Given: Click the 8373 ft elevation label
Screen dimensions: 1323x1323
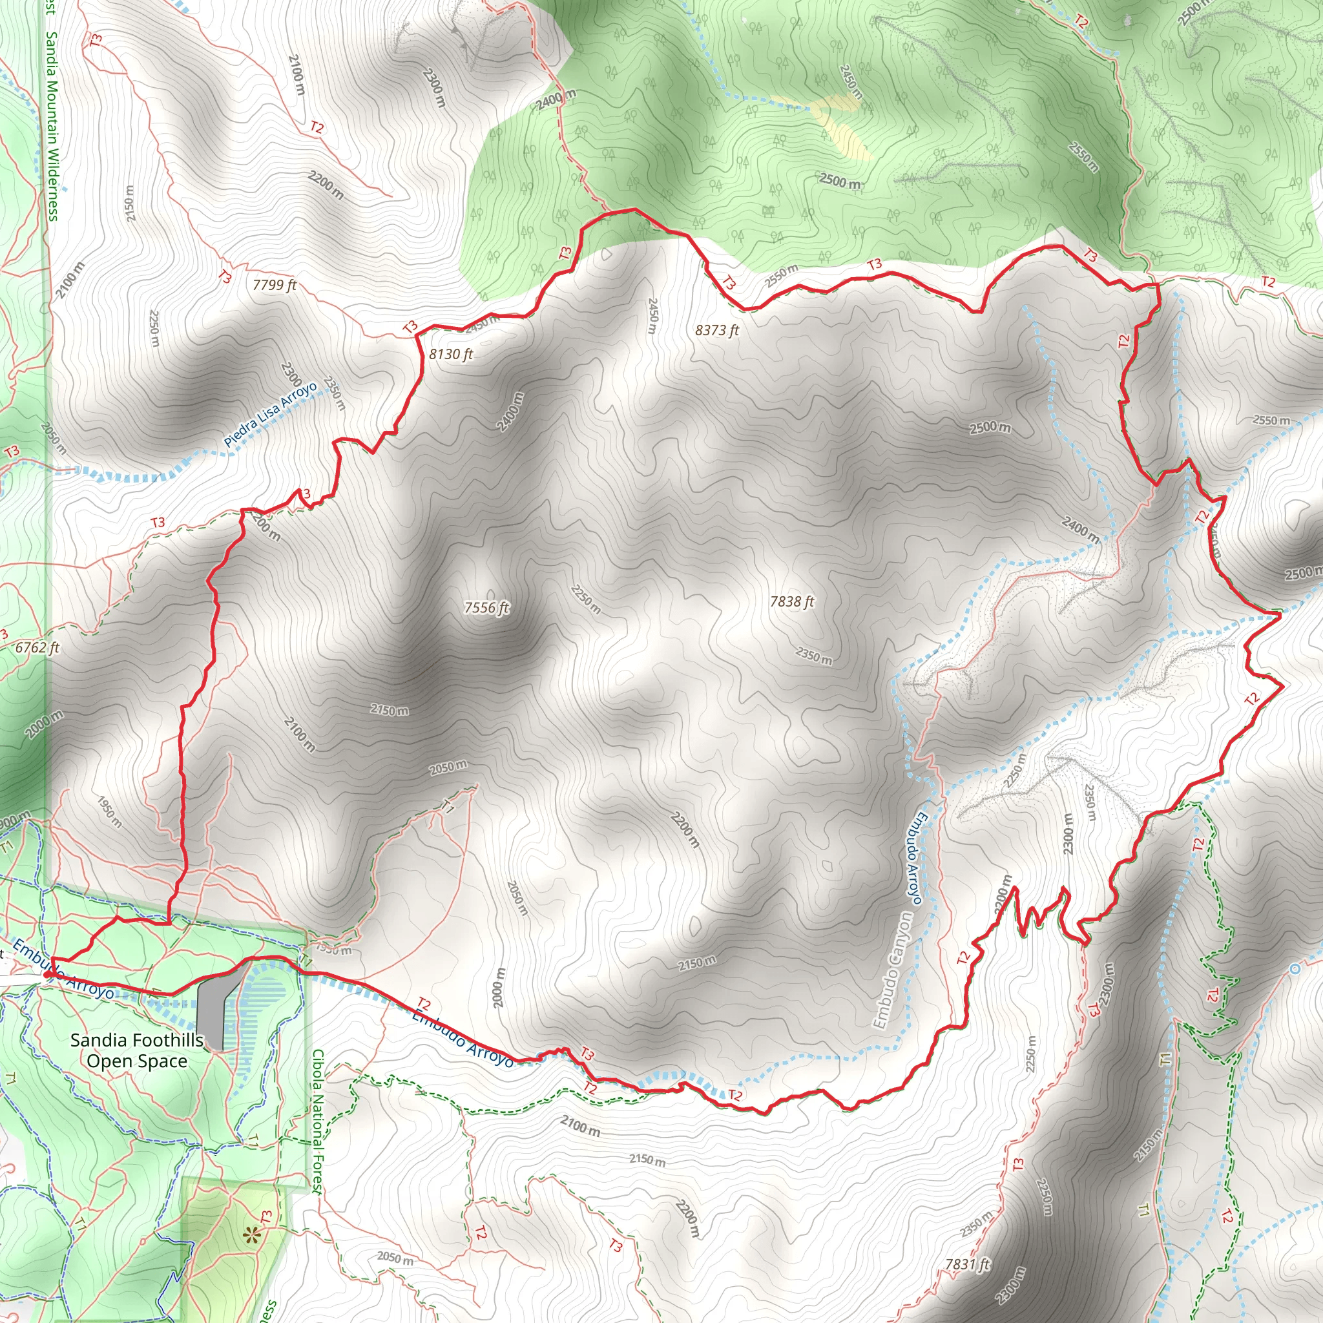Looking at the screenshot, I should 717,330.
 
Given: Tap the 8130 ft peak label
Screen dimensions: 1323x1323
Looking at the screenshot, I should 451,354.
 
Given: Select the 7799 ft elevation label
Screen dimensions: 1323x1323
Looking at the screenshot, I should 274,284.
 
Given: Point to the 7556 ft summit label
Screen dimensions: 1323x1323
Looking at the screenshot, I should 486,607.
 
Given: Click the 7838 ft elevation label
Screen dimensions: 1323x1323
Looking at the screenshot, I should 791,601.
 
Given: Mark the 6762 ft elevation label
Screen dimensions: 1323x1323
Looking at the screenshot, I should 37,647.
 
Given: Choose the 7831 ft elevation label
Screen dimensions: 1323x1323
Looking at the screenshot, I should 968,1264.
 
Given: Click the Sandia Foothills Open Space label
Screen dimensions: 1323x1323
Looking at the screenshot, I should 137,1050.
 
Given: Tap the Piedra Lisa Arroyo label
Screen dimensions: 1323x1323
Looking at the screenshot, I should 271,415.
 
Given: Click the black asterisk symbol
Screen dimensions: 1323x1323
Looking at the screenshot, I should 252,1234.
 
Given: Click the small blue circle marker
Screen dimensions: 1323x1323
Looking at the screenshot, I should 1293,969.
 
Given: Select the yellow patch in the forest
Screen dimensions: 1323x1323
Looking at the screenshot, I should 840,123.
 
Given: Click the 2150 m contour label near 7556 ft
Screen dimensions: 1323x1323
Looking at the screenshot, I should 389,710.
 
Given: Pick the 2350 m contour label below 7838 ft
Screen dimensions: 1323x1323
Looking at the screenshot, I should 813,655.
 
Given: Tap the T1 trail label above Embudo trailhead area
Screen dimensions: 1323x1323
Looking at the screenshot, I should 448,806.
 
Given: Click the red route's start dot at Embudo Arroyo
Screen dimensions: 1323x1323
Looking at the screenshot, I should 47,974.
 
